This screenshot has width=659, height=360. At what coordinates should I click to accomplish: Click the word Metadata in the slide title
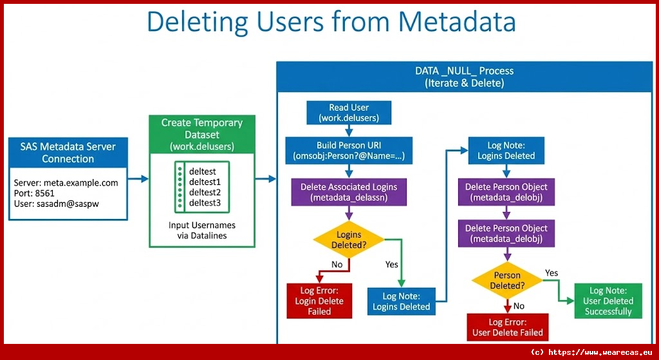click(x=457, y=21)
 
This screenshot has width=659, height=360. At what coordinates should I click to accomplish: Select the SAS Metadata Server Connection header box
click(x=68, y=153)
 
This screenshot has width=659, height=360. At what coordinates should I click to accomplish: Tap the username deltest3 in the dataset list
click(x=205, y=203)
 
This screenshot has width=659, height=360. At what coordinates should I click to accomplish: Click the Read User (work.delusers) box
click(x=349, y=113)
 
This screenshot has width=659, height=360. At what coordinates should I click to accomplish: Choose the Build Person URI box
click(x=349, y=151)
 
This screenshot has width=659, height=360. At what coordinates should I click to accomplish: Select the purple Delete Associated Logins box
click(x=349, y=192)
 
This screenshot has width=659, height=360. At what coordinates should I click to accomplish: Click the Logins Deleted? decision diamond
click(x=348, y=240)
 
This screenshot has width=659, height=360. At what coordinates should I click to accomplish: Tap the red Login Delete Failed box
click(x=319, y=301)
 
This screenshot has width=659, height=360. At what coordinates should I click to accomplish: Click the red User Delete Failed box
click(x=508, y=327)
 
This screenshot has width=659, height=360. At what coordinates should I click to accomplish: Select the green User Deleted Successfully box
click(x=608, y=301)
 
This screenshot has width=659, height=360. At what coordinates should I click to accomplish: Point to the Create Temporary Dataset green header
click(x=202, y=135)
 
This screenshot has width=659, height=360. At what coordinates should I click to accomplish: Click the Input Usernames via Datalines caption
click(x=202, y=231)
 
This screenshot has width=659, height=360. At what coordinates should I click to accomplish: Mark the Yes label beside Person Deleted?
click(x=552, y=272)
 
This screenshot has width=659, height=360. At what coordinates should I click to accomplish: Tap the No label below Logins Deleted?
click(x=337, y=264)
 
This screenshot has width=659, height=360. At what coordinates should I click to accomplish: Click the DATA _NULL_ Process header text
click(x=464, y=77)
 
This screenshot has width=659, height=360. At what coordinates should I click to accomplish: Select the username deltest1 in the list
click(x=205, y=182)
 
